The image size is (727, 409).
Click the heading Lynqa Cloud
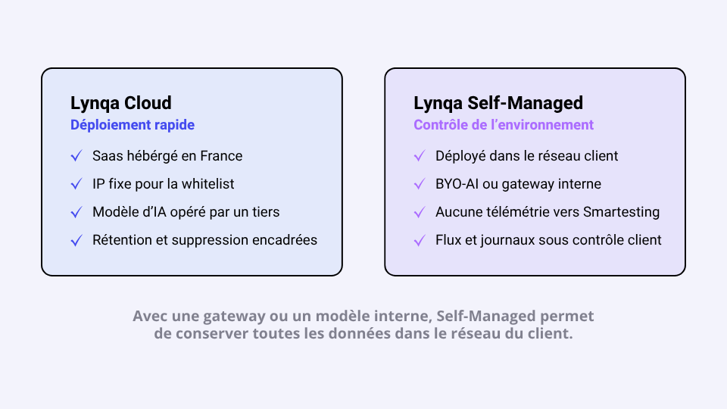(121, 104)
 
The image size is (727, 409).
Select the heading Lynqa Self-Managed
(498, 104)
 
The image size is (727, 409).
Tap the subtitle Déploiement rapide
(133, 125)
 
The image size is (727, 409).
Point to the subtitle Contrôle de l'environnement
(504, 125)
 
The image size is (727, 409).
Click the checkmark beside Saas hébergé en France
(76, 156)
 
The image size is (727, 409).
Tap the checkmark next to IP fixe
(76, 184)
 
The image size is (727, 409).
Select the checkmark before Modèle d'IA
(76, 212)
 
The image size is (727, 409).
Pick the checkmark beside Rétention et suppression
(76, 240)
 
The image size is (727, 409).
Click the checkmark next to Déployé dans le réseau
(420, 156)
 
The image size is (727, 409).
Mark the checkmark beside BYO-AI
(420, 184)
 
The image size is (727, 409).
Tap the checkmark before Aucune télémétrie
(420, 212)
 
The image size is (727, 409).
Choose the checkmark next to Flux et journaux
(420, 240)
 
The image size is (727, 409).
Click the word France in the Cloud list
(221, 156)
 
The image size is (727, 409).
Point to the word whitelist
(207, 183)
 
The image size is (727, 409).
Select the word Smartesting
(621, 212)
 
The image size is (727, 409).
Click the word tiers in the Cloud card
(266, 212)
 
